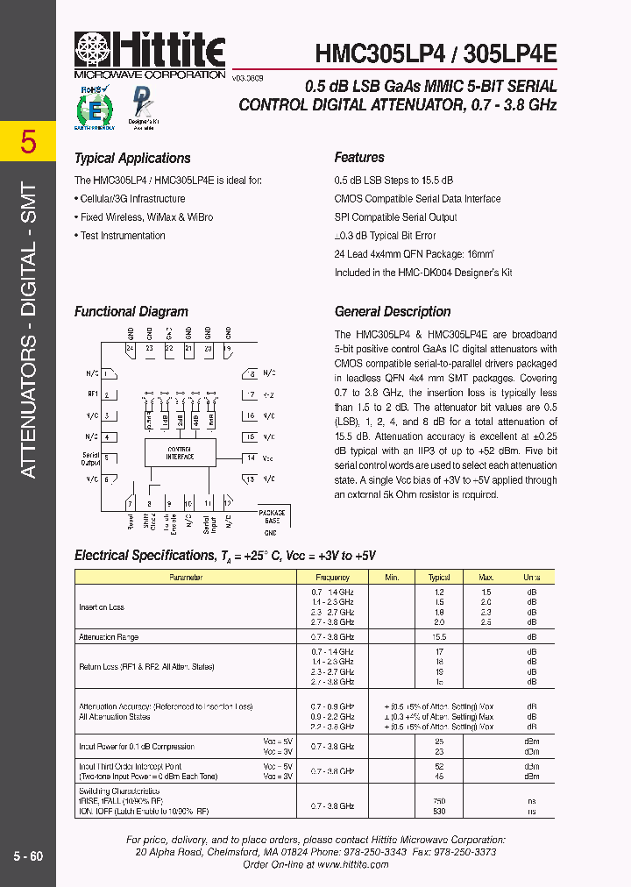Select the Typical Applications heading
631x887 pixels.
click(x=132, y=159)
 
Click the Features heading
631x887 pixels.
click(x=359, y=158)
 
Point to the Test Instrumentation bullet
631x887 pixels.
click(x=122, y=236)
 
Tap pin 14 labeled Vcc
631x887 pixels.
click(x=252, y=458)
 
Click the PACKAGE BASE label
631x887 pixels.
click(x=271, y=515)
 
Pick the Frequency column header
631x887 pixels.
click(x=332, y=578)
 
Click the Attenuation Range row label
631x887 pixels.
click(x=109, y=637)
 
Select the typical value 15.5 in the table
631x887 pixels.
click(x=439, y=637)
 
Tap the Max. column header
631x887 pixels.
click(x=486, y=578)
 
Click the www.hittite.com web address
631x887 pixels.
click(x=353, y=864)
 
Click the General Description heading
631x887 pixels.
click(x=393, y=312)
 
